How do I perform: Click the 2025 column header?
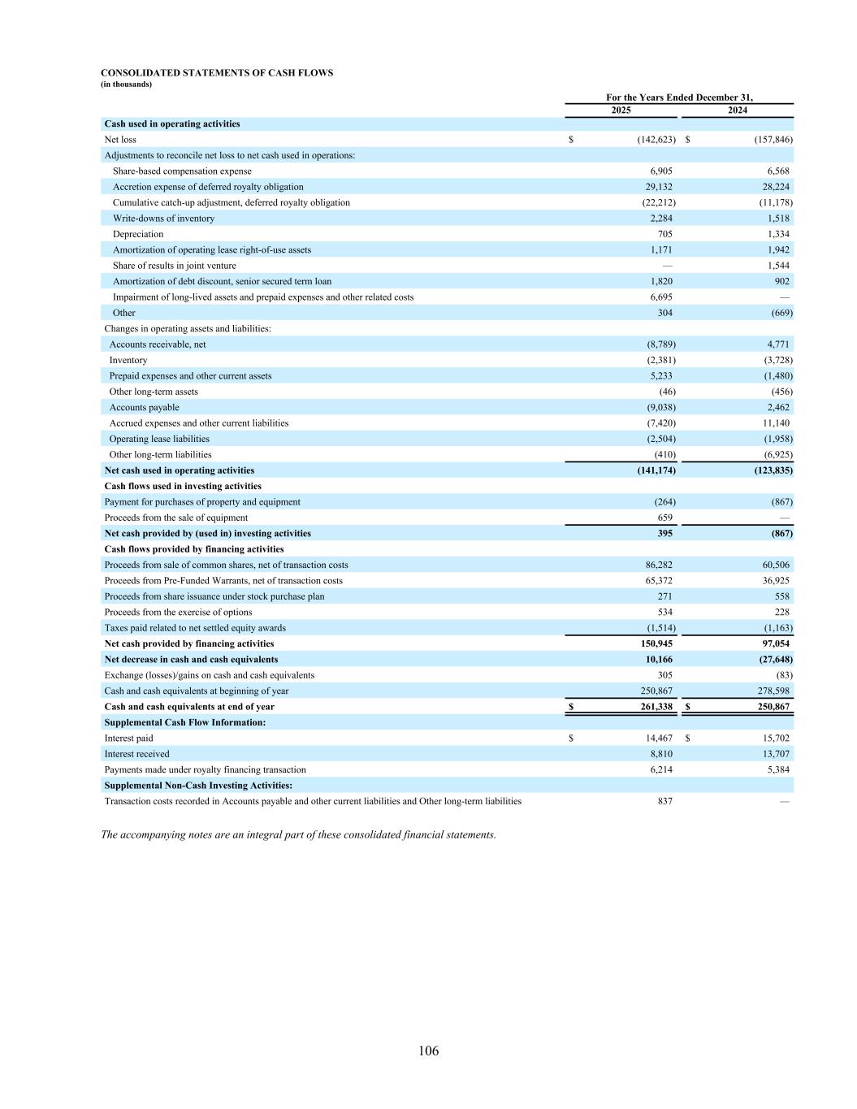621,110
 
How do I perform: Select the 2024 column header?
737,110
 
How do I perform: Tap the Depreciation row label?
138,234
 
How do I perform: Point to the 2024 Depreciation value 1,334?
777,234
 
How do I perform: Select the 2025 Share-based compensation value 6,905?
661,171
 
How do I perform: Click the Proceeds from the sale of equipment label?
176,518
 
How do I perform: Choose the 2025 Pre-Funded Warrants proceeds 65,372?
659,581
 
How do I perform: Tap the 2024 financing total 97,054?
775,643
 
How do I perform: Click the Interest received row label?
137,754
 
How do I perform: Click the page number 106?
428,1051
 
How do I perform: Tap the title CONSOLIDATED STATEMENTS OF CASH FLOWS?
217,73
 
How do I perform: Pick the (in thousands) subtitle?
127,84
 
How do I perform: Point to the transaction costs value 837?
664,801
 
